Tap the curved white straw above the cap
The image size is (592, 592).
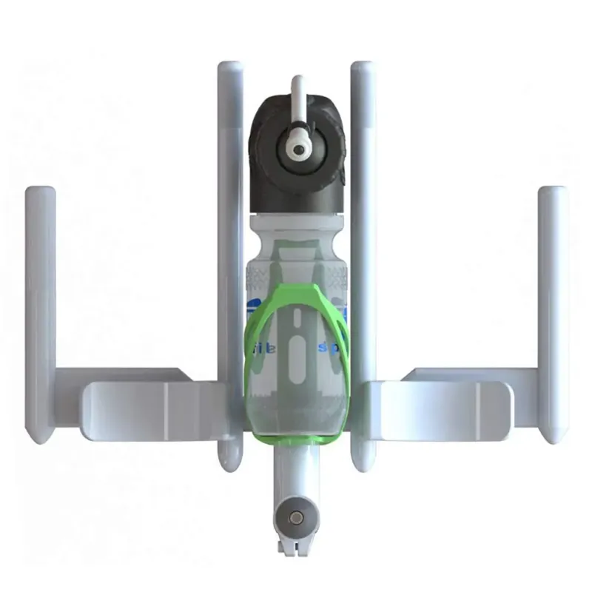pos(297,92)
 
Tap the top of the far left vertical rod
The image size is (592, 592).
pos(41,194)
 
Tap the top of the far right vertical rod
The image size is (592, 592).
pos(552,194)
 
